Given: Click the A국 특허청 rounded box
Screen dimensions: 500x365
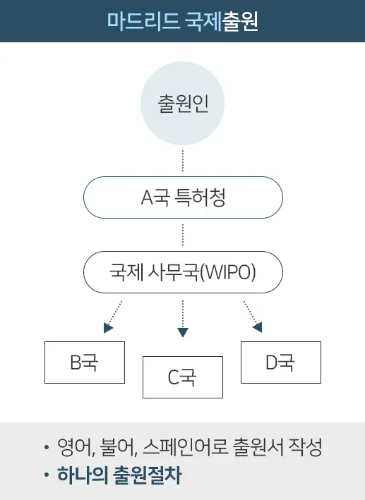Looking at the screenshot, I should [183, 197].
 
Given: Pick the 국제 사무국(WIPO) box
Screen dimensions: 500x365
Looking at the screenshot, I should [183, 272].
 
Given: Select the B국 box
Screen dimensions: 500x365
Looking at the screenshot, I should [84, 362].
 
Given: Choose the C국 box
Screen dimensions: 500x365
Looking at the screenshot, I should [182, 377].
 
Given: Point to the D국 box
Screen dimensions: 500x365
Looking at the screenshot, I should [280, 362].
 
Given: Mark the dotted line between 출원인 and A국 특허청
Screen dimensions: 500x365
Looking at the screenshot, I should [183, 161].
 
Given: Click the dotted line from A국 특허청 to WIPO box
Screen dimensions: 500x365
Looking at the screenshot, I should [183, 235].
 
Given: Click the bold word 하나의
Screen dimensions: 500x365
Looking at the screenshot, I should [83, 475].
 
